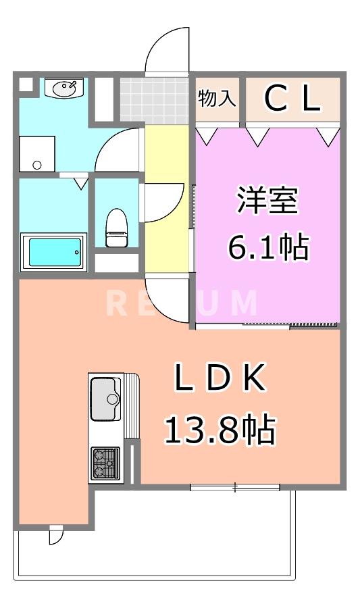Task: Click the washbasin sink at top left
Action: (x=64, y=88)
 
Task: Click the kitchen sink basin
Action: (x=105, y=398)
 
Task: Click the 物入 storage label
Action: (x=217, y=99)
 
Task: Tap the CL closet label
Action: (x=291, y=99)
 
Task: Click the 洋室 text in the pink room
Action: (x=267, y=200)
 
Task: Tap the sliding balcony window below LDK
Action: (x=234, y=486)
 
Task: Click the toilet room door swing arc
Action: (x=162, y=201)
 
